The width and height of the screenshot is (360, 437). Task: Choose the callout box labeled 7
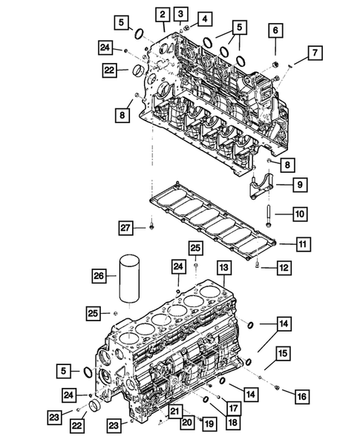[315, 52]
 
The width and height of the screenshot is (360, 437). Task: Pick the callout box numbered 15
[284, 354]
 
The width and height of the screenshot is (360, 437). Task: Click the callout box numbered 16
[301, 397]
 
